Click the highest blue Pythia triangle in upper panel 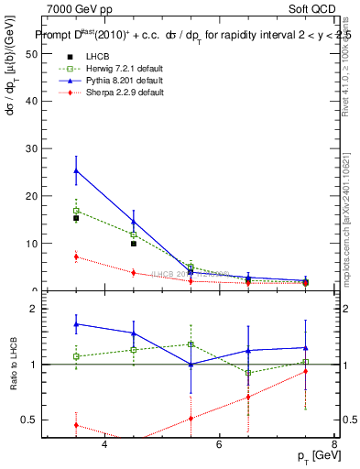click(x=76, y=170)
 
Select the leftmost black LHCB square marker click(x=76, y=218)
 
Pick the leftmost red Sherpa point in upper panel click(x=76, y=256)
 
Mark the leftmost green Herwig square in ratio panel click(x=76, y=356)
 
